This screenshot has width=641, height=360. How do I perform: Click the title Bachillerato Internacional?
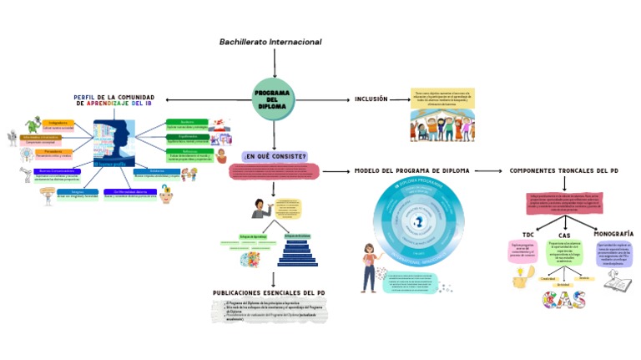270,42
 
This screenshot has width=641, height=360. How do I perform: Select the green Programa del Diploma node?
273,99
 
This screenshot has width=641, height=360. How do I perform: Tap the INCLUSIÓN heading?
371,99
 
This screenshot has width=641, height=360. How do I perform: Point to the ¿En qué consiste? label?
274,156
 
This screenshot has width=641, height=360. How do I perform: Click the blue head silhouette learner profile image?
114,144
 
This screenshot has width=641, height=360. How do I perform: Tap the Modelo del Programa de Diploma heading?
412,170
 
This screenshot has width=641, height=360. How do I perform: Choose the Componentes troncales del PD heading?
563,170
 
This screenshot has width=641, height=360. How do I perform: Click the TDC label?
527,235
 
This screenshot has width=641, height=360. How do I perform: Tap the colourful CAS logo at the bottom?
563,299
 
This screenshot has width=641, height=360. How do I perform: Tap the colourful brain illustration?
248,259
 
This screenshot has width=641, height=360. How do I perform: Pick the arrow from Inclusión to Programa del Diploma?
321,99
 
